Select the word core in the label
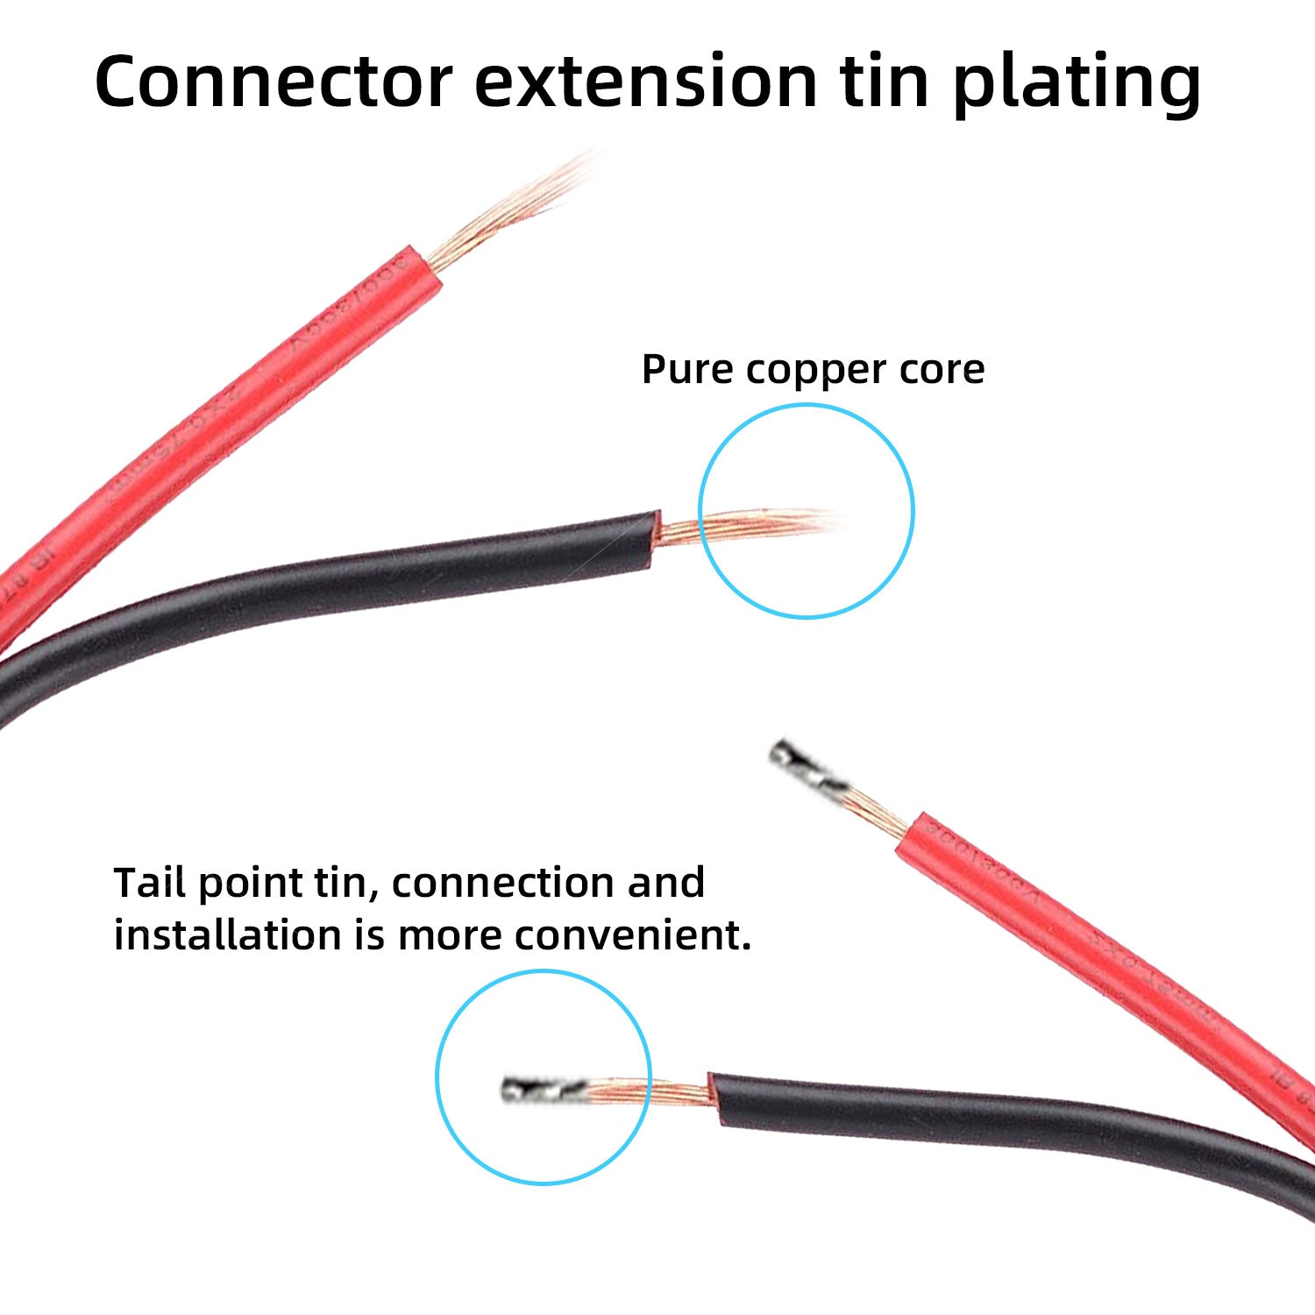[x=941, y=370]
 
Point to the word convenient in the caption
[x=633, y=935]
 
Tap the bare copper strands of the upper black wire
[x=745, y=526]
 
